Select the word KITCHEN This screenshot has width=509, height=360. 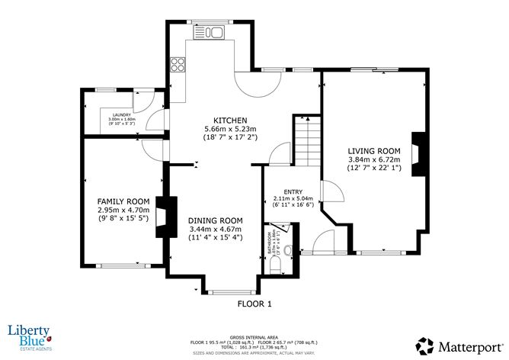pos(229,121)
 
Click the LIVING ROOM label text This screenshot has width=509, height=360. pos(374,151)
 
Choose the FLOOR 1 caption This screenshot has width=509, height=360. pos(254,304)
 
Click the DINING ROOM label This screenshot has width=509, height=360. pos(215,220)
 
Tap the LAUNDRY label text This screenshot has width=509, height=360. pos(121,115)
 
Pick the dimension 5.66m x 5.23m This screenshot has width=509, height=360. pos(229,130)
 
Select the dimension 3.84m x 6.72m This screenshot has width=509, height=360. pos(374,160)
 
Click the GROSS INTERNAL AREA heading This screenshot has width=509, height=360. pos(254,336)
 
